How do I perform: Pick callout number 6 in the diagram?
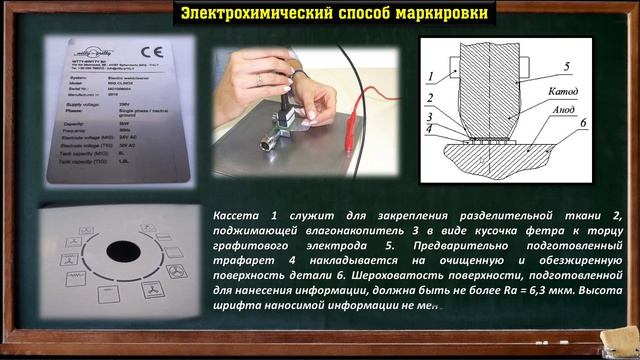point(580,123)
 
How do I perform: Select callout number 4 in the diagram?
point(428,130)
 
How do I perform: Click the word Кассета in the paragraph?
point(239,216)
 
